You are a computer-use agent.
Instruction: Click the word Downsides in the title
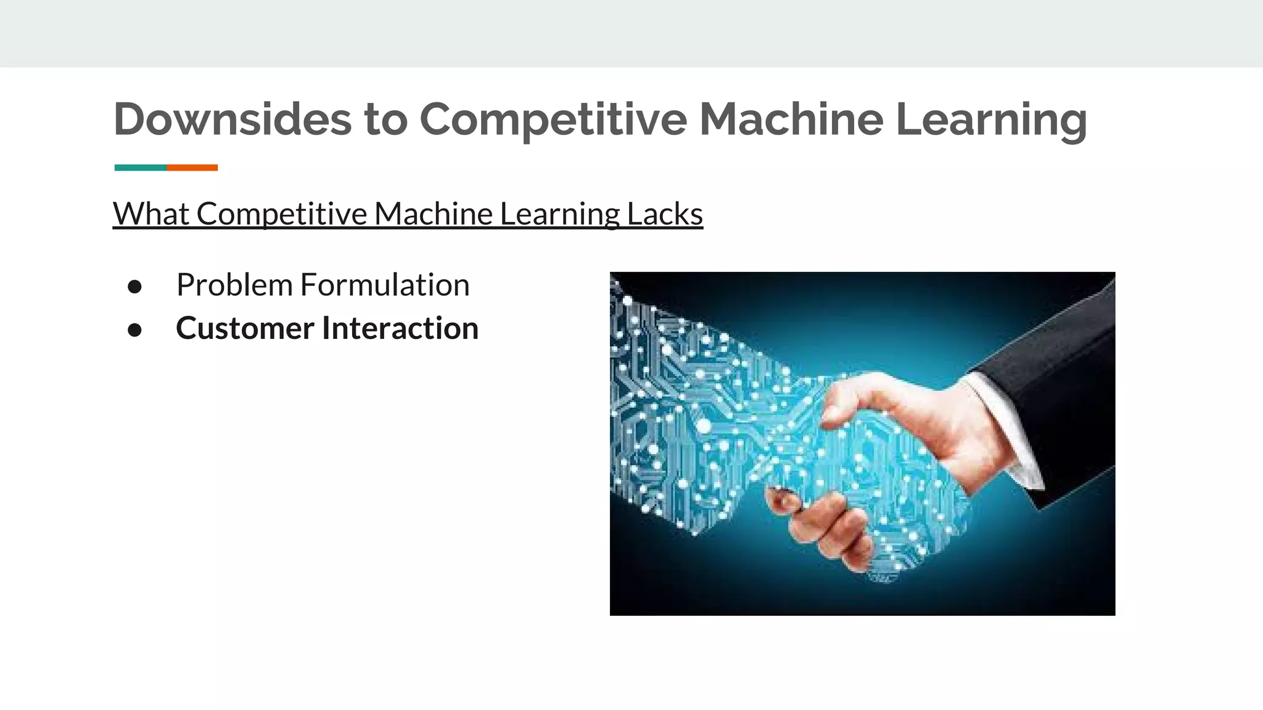232,119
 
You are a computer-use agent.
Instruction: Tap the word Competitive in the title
553,119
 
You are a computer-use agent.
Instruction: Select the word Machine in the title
791,119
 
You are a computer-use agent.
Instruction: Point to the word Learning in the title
991,119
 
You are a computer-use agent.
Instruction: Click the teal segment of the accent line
140,168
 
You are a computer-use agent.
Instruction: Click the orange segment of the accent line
192,168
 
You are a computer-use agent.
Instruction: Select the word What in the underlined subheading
151,214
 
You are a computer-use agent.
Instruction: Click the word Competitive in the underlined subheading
282,214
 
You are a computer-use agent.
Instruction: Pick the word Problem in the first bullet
234,285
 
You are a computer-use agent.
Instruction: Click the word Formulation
385,285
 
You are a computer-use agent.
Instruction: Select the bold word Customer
245,328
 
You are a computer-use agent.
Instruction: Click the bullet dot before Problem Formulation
134,286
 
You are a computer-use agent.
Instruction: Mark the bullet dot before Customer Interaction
134,330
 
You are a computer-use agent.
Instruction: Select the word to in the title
385,119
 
